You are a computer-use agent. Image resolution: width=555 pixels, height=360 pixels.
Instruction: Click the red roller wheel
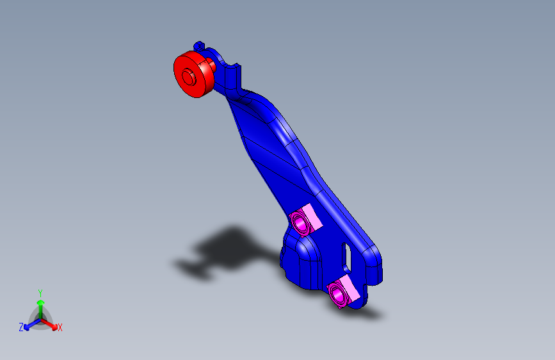[x=193, y=74]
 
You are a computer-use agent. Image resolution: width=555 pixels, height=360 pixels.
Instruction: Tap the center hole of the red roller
[x=188, y=76]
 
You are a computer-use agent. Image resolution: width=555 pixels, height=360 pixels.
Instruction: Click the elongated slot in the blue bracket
[x=348, y=257]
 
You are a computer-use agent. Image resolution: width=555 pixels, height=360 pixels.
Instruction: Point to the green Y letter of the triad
[x=40, y=291]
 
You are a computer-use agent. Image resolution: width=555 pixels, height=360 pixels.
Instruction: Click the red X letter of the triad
[x=60, y=328]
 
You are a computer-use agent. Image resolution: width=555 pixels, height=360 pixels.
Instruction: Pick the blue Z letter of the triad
[x=21, y=327]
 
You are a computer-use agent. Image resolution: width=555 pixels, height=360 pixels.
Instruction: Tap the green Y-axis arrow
[x=40, y=305]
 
